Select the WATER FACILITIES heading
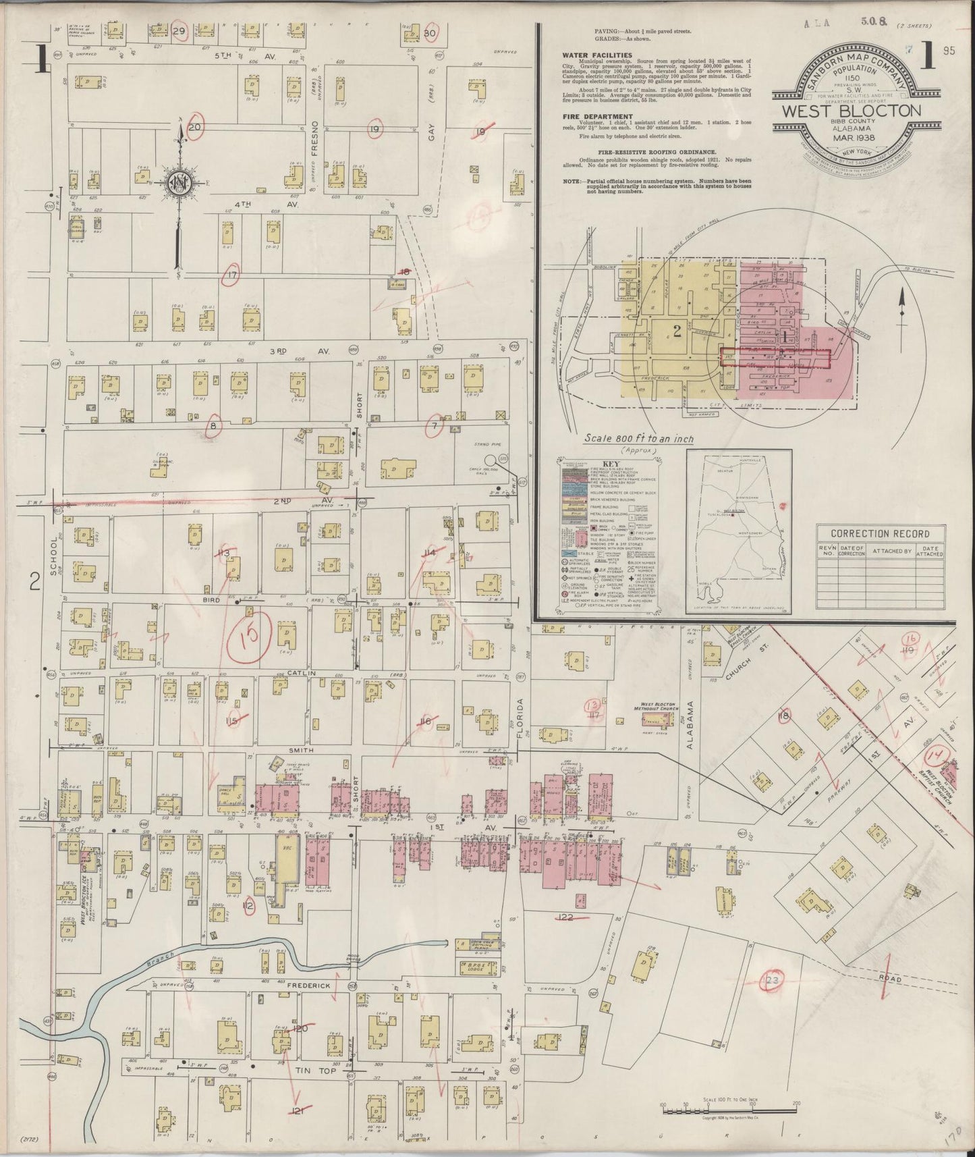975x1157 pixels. click(x=597, y=55)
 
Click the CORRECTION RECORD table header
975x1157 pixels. click(x=879, y=533)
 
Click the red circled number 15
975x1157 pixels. click(x=248, y=635)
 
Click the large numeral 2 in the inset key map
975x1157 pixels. click(x=676, y=331)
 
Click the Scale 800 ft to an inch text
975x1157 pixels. click(x=638, y=439)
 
